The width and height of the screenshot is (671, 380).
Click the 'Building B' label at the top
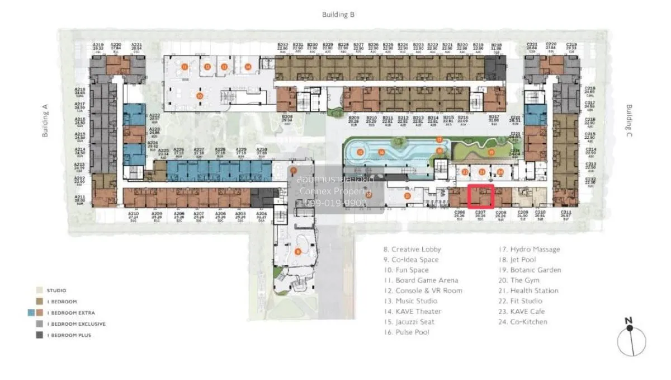tap(338, 15)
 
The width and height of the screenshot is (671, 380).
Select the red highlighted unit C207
tap(480, 197)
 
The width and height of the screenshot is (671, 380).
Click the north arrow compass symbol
tap(631, 339)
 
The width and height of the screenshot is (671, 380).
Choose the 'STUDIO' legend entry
tap(56, 290)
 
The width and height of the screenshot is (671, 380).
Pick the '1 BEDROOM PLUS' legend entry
tap(69, 335)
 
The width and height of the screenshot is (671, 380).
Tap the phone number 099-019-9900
tap(334, 203)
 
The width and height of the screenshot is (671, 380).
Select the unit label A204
tap(261, 215)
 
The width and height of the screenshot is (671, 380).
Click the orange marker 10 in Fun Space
tap(200, 96)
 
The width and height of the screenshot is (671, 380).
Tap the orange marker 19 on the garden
tap(491, 152)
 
